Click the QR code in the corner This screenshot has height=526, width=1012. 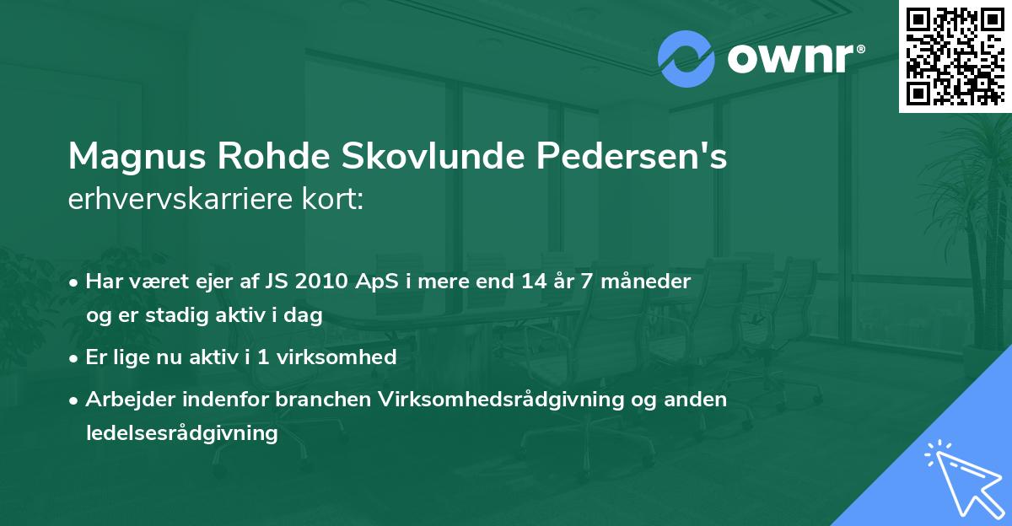pyautogui.click(x=955, y=56)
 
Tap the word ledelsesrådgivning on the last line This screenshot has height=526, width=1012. pyautogui.click(x=181, y=433)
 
